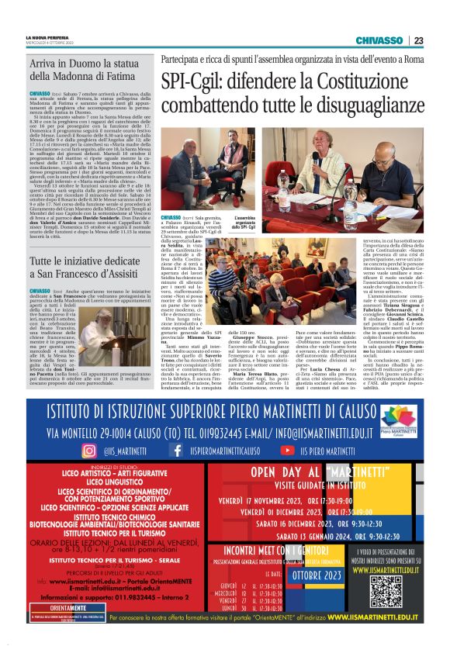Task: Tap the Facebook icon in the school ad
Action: pos(178,449)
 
